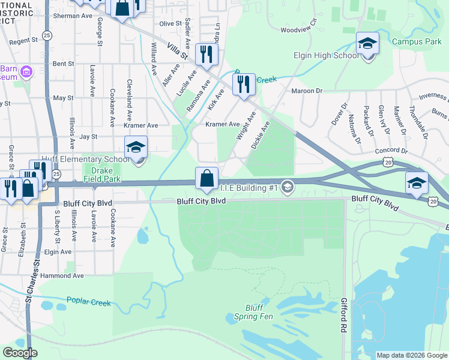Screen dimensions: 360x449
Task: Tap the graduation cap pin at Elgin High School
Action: pyautogui.click(x=367, y=45)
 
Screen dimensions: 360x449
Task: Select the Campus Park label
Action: pyautogui.click(x=416, y=41)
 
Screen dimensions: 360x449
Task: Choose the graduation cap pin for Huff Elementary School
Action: pyautogui.click(x=136, y=149)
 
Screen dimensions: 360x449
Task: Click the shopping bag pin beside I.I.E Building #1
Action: pyautogui.click(x=206, y=179)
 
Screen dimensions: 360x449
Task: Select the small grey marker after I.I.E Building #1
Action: pyautogui.click(x=288, y=188)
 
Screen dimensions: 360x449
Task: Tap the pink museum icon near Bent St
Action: pyautogui.click(x=25, y=73)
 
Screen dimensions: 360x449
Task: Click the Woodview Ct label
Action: pyautogui.click(x=298, y=29)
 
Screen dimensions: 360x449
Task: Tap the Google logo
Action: pyautogui.click(x=20, y=352)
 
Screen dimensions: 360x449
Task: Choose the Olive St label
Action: pyautogui.click(x=170, y=23)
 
